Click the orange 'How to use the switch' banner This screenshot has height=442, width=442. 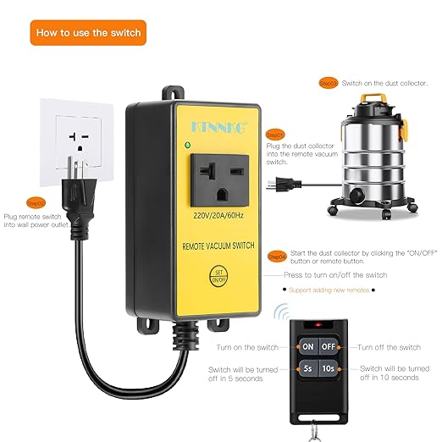[86, 34]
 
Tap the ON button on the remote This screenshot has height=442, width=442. [307, 347]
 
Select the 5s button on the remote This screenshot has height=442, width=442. [307, 369]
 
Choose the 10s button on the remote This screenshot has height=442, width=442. [329, 369]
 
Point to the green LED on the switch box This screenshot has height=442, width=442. [185, 145]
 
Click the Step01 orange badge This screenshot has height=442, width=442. [275, 135]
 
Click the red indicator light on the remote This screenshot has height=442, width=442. [318, 324]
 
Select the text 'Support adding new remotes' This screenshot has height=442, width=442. [329, 290]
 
